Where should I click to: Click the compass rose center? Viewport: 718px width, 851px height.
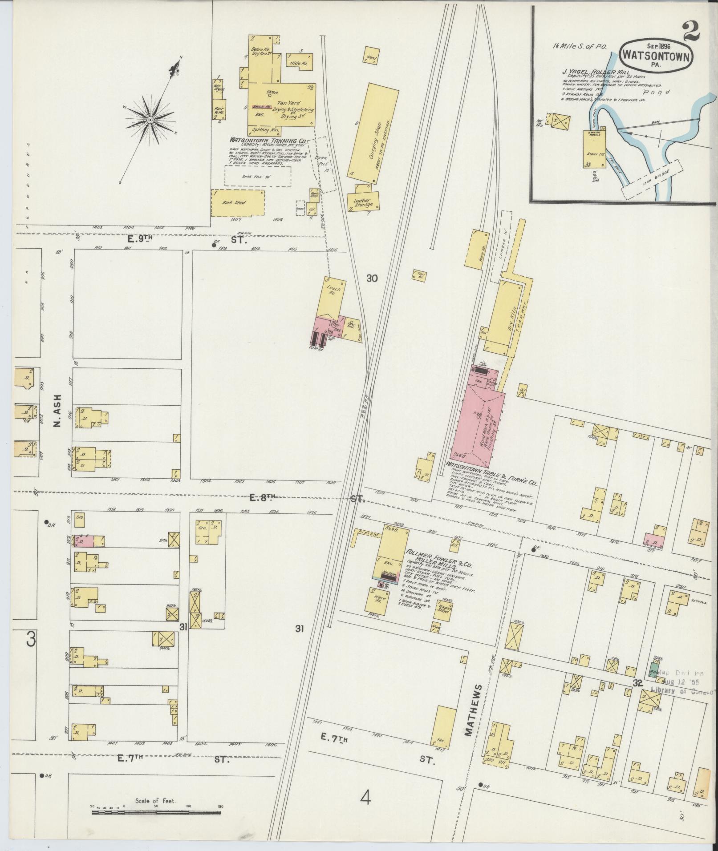pyautogui.click(x=150, y=120)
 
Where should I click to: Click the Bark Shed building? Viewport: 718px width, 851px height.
pyautogui.click(x=237, y=203)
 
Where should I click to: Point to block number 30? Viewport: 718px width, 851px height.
pyautogui.click(x=372, y=278)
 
